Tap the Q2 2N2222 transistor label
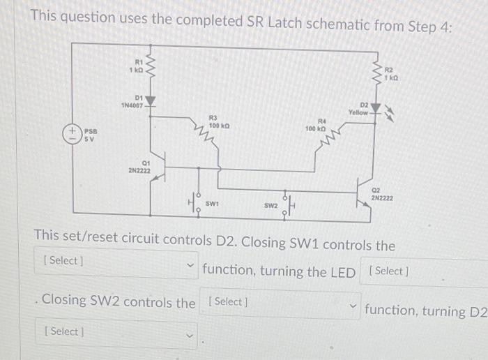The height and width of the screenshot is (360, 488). click(381, 193)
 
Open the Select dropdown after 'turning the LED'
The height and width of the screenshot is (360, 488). click(425, 271)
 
